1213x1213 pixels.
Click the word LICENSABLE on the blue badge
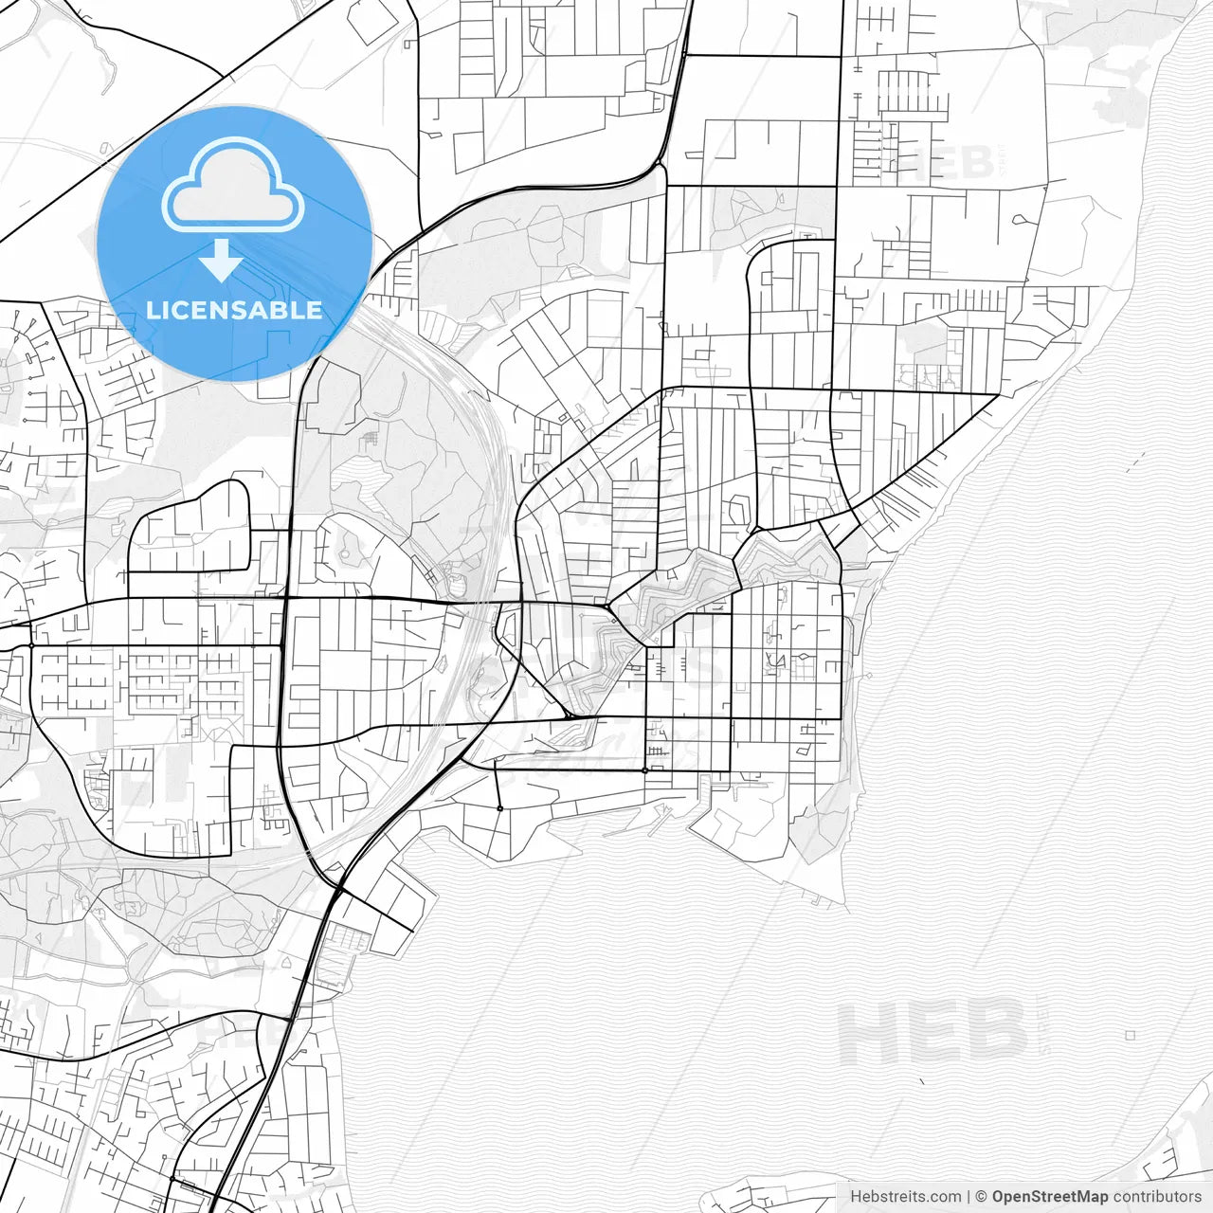point(234,310)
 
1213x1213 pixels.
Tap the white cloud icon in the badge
point(233,187)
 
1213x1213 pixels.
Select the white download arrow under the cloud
point(222,260)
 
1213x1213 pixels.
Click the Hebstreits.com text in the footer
point(905,1197)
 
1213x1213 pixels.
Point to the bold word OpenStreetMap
point(1049,1197)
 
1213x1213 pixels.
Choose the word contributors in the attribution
point(1156,1197)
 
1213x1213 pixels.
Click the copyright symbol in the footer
point(981,1197)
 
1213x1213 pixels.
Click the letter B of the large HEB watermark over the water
point(997,1031)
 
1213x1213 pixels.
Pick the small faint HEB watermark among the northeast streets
point(948,163)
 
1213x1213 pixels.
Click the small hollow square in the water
point(1131,1036)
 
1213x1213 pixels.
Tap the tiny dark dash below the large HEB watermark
point(920,1080)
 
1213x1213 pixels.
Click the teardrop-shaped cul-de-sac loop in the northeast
point(1019,220)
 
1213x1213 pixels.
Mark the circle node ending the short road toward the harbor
point(499,808)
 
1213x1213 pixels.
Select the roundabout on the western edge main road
point(31,645)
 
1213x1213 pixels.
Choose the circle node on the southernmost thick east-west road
point(644,770)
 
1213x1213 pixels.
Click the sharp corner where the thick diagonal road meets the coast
point(1000,394)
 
